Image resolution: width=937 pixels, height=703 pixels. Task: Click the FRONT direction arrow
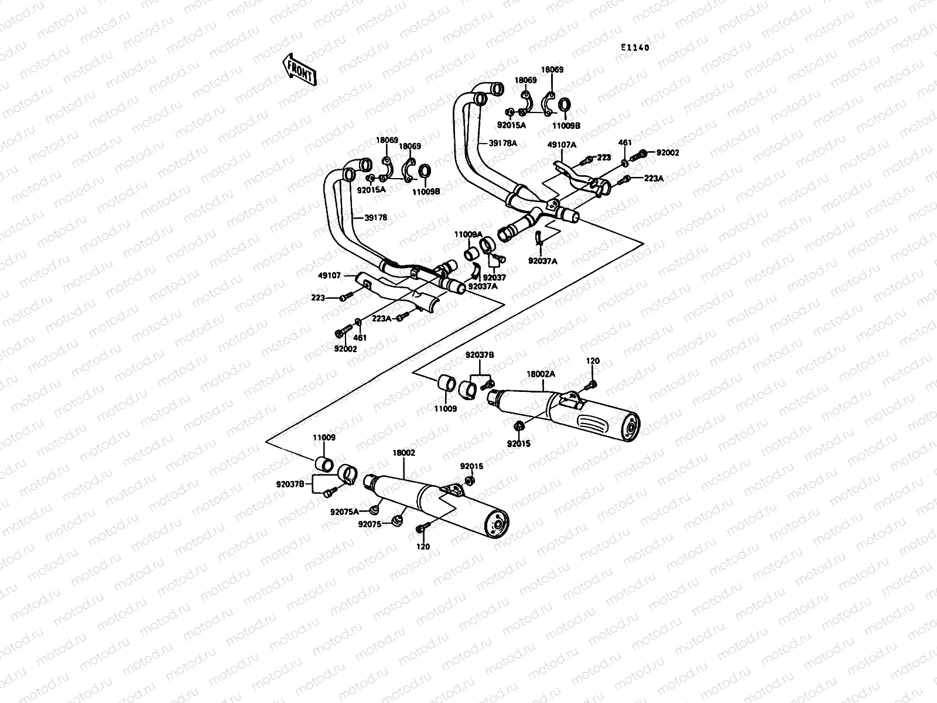299,70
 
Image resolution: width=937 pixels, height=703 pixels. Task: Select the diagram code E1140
635,48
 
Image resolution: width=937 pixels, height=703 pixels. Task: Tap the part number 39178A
504,143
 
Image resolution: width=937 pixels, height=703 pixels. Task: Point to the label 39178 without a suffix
375,217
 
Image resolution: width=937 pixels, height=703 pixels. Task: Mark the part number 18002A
541,373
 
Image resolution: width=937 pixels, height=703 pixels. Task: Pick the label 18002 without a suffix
403,453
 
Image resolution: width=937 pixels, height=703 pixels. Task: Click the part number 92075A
344,511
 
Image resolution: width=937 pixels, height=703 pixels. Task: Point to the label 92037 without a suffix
495,277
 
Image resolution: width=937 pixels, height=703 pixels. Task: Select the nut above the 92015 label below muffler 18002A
518,425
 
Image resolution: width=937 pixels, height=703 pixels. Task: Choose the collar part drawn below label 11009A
470,255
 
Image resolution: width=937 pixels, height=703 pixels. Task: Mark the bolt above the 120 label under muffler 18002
421,529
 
